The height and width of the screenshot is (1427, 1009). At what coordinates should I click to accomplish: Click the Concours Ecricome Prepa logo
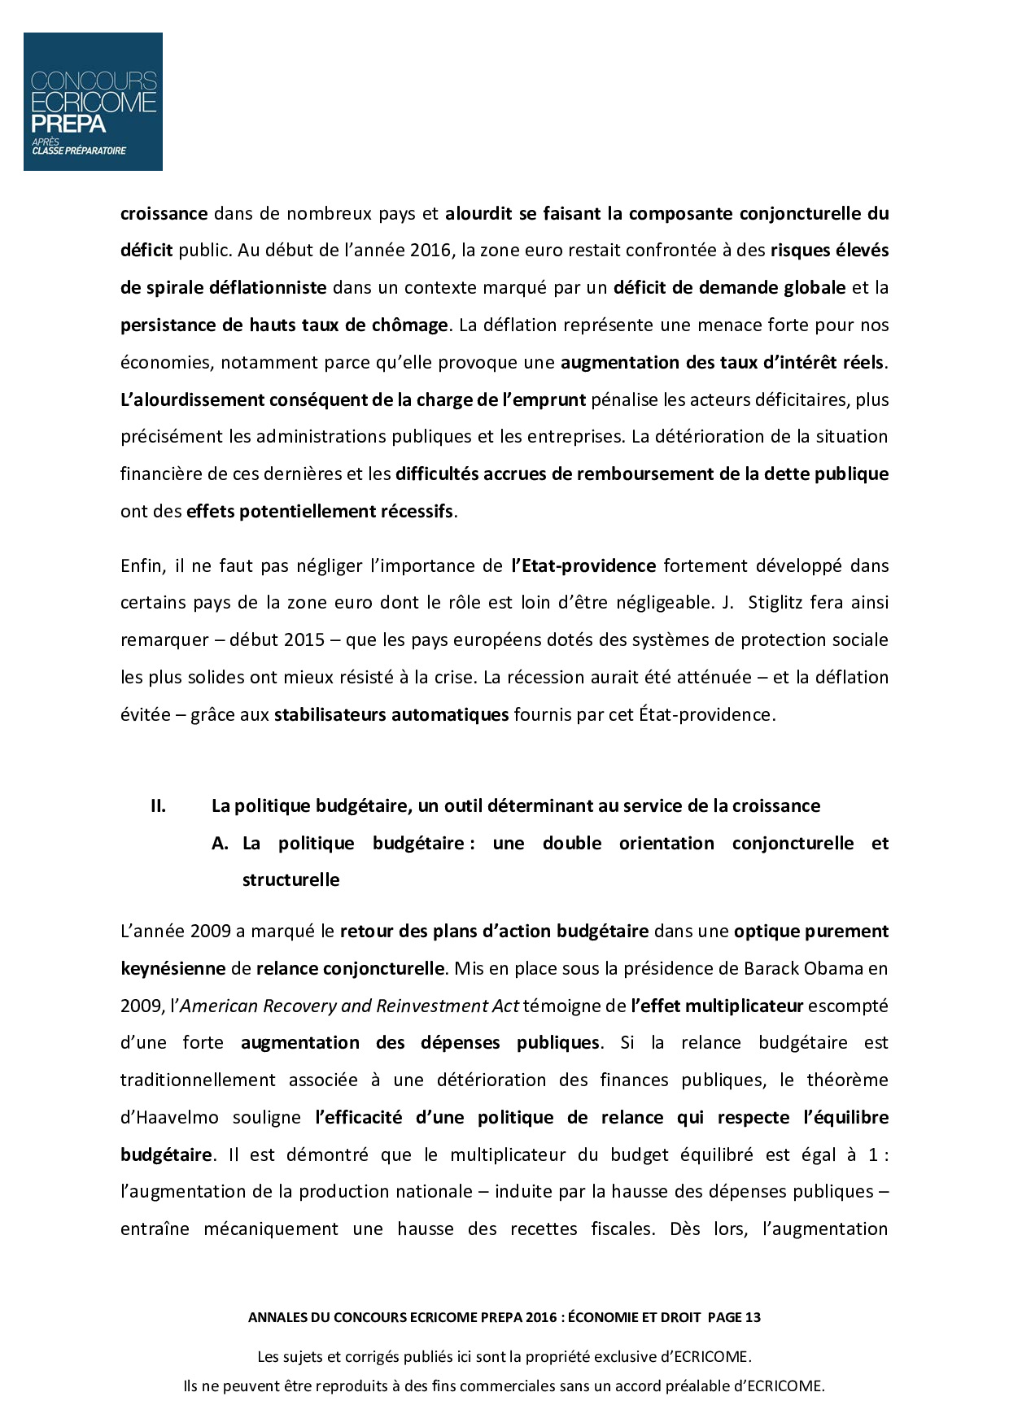(93, 101)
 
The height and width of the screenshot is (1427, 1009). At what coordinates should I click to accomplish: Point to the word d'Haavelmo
(169, 1117)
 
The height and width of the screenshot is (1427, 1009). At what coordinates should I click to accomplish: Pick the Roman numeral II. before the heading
(158, 805)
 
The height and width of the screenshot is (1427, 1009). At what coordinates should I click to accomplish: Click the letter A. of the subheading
(220, 843)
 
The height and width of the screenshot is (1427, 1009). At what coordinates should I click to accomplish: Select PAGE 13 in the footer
(735, 1317)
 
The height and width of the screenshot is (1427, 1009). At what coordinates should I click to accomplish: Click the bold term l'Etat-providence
(583, 565)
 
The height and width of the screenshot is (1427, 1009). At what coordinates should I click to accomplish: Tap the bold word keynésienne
(173, 968)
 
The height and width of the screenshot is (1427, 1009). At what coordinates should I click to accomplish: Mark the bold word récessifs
(417, 511)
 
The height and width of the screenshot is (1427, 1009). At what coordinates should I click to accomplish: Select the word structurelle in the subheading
(290, 879)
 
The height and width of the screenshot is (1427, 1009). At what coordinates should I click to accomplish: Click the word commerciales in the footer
(509, 1386)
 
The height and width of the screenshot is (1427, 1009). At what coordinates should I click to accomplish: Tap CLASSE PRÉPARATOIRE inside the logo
(79, 150)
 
